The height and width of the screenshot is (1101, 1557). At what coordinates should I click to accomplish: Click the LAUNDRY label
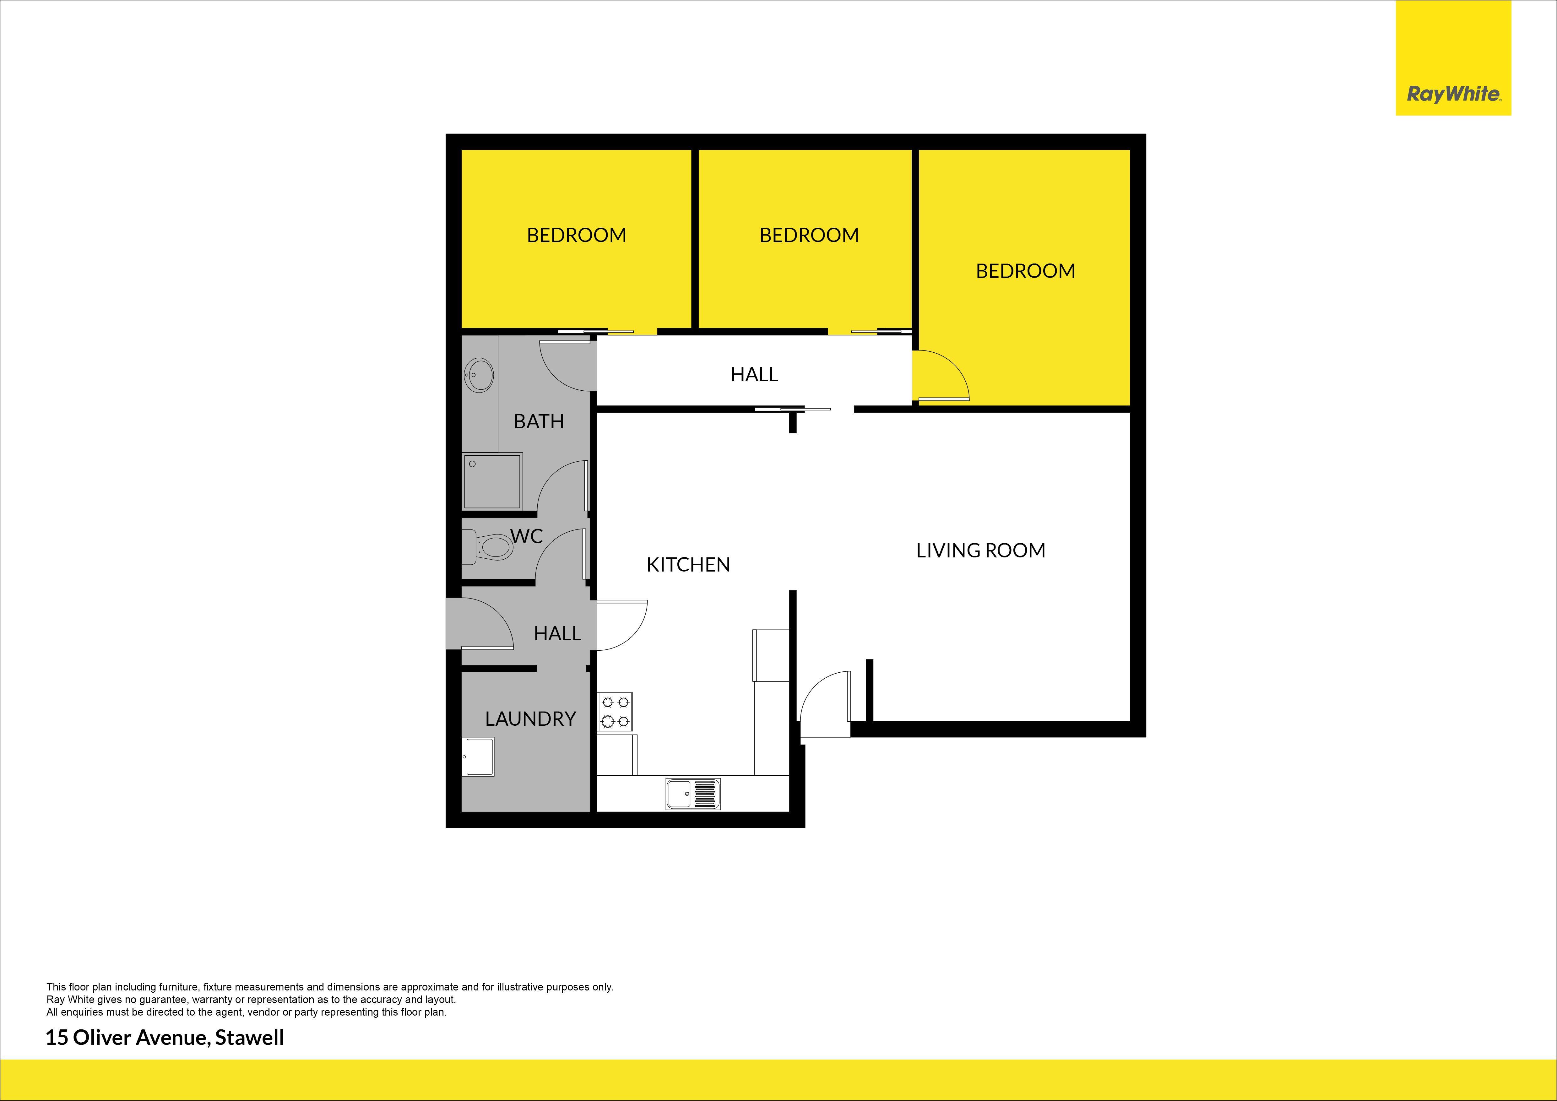[x=530, y=719]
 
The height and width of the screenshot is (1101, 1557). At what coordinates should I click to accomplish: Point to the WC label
[x=526, y=536]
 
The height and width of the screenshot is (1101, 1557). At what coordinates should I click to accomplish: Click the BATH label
[x=539, y=422]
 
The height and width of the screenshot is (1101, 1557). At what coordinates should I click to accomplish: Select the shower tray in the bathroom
[x=492, y=481]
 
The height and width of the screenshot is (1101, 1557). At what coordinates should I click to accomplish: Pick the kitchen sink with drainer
[x=692, y=793]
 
